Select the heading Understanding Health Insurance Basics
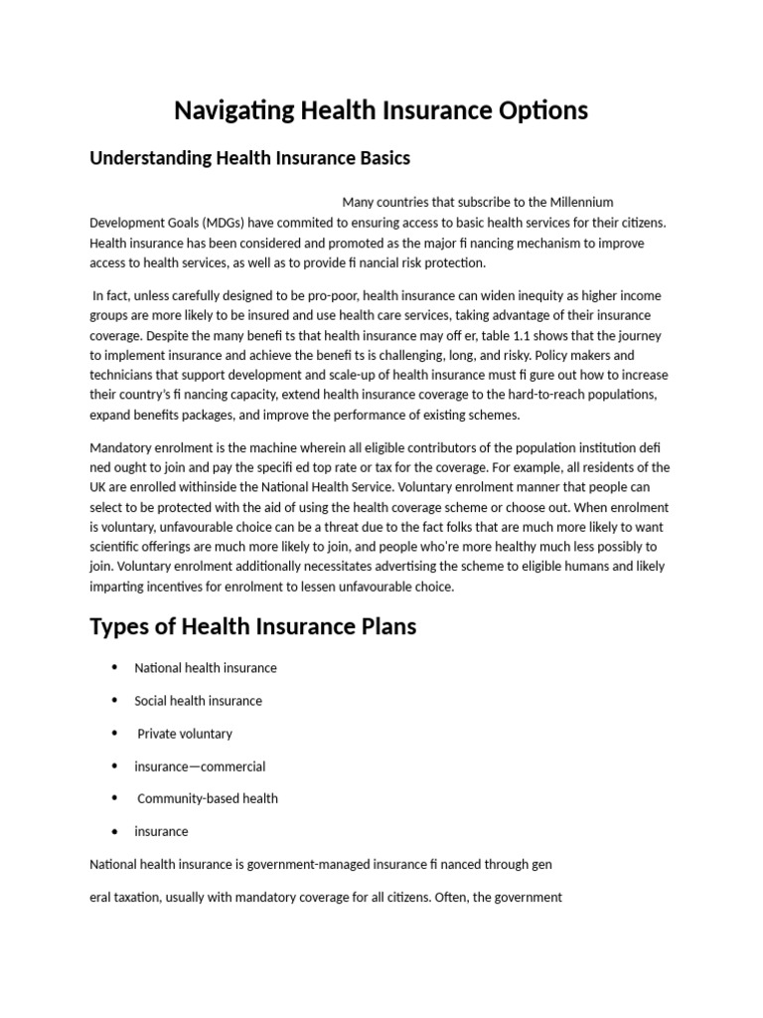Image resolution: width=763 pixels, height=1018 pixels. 249,158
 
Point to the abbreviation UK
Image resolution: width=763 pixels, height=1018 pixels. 99,487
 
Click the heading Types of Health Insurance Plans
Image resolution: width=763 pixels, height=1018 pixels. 252,627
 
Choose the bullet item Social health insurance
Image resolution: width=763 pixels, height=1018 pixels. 198,701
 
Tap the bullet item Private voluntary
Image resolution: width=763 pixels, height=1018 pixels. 185,734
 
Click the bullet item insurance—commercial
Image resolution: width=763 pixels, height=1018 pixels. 200,766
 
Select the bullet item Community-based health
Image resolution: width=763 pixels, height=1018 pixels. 208,798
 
